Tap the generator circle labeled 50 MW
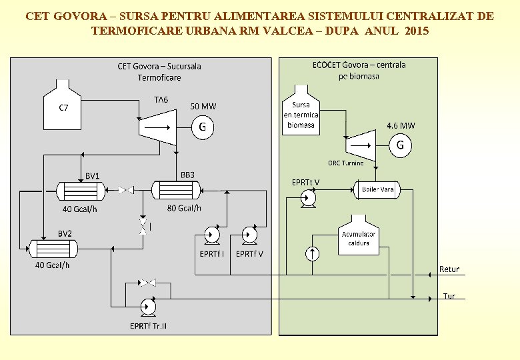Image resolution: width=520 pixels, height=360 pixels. point(203,127)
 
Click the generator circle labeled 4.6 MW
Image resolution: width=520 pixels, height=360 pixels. point(400,145)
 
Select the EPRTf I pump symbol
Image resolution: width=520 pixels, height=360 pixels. point(213,235)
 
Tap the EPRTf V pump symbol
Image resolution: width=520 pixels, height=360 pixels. point(250,235)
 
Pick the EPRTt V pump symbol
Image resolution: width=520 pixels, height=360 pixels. point(307,198)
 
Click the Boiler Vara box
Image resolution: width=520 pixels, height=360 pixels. point(377,190)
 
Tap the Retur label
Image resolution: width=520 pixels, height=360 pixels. point(449,269)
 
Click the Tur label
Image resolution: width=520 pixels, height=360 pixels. point(449,295)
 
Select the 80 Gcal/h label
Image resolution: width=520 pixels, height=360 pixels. point(184,208)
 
